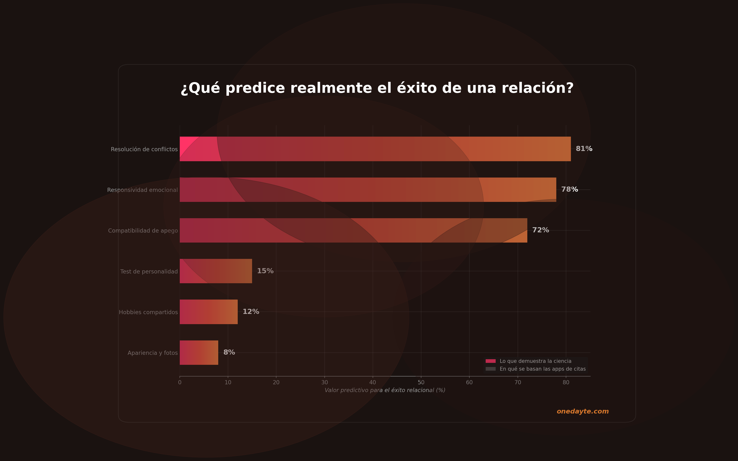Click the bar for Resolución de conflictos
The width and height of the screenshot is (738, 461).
point(375,149)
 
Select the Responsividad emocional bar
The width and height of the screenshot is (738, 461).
point(368,190)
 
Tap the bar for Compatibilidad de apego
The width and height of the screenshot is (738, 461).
point(353,230)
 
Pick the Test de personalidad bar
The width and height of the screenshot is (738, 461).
point(216,271)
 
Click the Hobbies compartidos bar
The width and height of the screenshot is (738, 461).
point(208,312)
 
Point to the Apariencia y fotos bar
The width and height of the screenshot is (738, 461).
point(199,352)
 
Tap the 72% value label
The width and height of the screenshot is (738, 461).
point(540,230)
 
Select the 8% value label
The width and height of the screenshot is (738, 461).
point(229,352)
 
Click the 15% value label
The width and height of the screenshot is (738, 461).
point(265,271)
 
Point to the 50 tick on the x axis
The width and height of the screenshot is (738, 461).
point(421,383)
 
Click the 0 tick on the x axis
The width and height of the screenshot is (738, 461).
point(180,383)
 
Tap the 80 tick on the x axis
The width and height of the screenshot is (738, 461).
point(566,383)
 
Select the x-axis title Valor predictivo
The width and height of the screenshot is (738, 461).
point(385,390)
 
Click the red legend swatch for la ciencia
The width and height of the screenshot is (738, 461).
point(490,361)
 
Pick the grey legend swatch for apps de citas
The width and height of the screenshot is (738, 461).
point(490,369)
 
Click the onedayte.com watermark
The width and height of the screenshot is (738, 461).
point(582,411)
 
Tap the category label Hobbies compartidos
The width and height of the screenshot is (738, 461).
point(148,312)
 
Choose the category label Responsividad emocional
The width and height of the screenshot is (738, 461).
point(142,190)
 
